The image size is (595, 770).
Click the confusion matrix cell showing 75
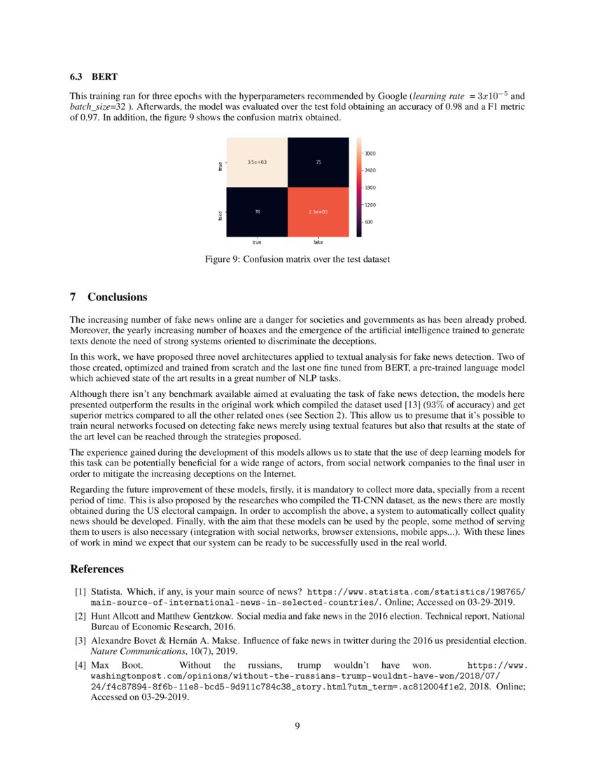318,162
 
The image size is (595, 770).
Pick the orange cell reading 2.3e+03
318,211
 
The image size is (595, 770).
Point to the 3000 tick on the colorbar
371,153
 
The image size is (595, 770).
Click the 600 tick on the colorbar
369,222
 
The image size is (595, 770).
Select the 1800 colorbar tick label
371,187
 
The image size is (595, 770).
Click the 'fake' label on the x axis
318,242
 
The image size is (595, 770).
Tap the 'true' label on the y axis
220,166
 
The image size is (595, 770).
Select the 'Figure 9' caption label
223,259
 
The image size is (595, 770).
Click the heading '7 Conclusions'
108,297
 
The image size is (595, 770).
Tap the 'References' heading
97,568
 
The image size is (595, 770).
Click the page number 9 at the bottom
297,725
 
